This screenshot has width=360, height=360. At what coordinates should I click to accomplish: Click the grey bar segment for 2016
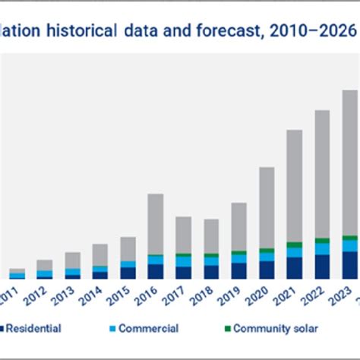click(x=155, y=224)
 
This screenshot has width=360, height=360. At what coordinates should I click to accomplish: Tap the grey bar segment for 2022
click(x=322, y=174)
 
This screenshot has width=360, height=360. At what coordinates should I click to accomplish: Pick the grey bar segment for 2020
click(x=267, y=207)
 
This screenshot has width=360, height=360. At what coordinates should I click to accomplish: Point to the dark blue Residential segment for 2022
click(x=322, y=267)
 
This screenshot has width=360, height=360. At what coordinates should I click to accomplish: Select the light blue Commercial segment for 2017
click(x=183, y=261)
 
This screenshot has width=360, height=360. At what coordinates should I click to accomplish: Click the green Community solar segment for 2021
click(x=294, y=245)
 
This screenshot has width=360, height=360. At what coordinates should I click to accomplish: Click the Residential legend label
click(x=35, y=329)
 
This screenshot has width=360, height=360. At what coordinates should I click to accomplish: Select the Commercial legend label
click(x=149, y=329)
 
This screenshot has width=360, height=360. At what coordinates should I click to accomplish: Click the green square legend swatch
click(x=225, y=329)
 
